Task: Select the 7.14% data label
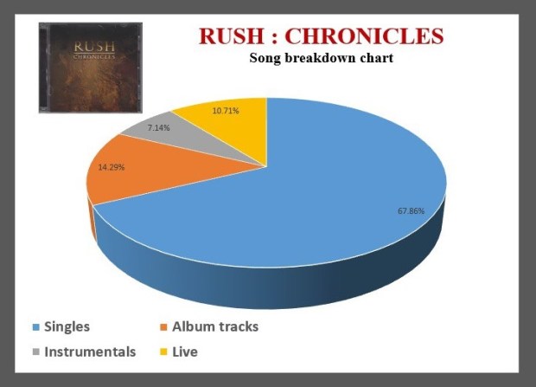[x=158, y=127]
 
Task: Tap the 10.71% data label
[x=226, y=111]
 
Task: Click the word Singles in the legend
[x=67, y=327]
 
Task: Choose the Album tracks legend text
[x=214, y=327]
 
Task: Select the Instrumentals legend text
[x=90, y=352]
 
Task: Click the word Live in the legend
[x=185, y=352]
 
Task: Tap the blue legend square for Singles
[x=36, y=328]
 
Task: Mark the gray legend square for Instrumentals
[x=36, y=353]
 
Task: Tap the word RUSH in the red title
[x=229, y=36]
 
